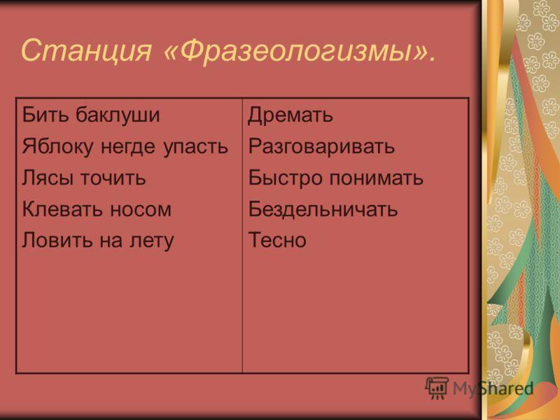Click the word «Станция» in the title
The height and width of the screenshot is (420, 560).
(86, 50)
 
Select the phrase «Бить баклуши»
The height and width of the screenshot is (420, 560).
(91, 114)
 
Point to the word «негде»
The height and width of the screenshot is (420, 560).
(128, 147)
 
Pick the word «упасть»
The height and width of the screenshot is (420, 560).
(196, 147)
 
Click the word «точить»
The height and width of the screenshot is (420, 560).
(113, 178)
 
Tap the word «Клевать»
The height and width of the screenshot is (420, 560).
(62, 209)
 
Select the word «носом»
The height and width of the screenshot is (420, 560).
(141, 209)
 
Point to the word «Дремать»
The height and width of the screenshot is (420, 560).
(290, 115)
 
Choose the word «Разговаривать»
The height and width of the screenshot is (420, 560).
(321, 146)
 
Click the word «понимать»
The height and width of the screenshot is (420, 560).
(376, 178)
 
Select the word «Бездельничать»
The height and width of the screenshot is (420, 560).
(323, 209)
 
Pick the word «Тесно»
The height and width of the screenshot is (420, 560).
(277, 240)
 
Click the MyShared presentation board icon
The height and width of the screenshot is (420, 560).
(437, 388)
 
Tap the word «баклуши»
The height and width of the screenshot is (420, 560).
(118, 115)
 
